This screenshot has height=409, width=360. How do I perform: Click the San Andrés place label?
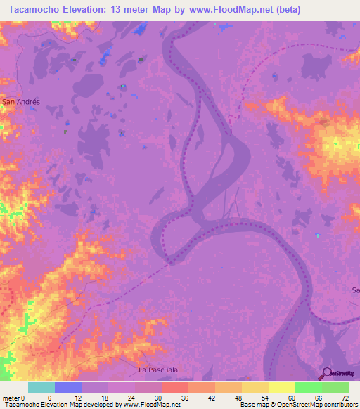pyautogui.click(x=22, y=101)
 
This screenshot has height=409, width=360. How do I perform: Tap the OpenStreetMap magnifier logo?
pyautogui.click(x=327, y=374)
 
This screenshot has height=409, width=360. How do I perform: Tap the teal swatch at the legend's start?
pyautogui.click(x=41, y=387)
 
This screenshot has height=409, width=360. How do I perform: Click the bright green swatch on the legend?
pyautogui.click(x=308, y=387)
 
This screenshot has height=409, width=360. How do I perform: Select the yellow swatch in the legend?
pyautogui.click(x=281, y=387)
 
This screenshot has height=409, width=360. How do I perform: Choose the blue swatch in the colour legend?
pyautogui.click(x=68, y=387)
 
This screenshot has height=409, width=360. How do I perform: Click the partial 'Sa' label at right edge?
pyautogui.click(x=355, y=290)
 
